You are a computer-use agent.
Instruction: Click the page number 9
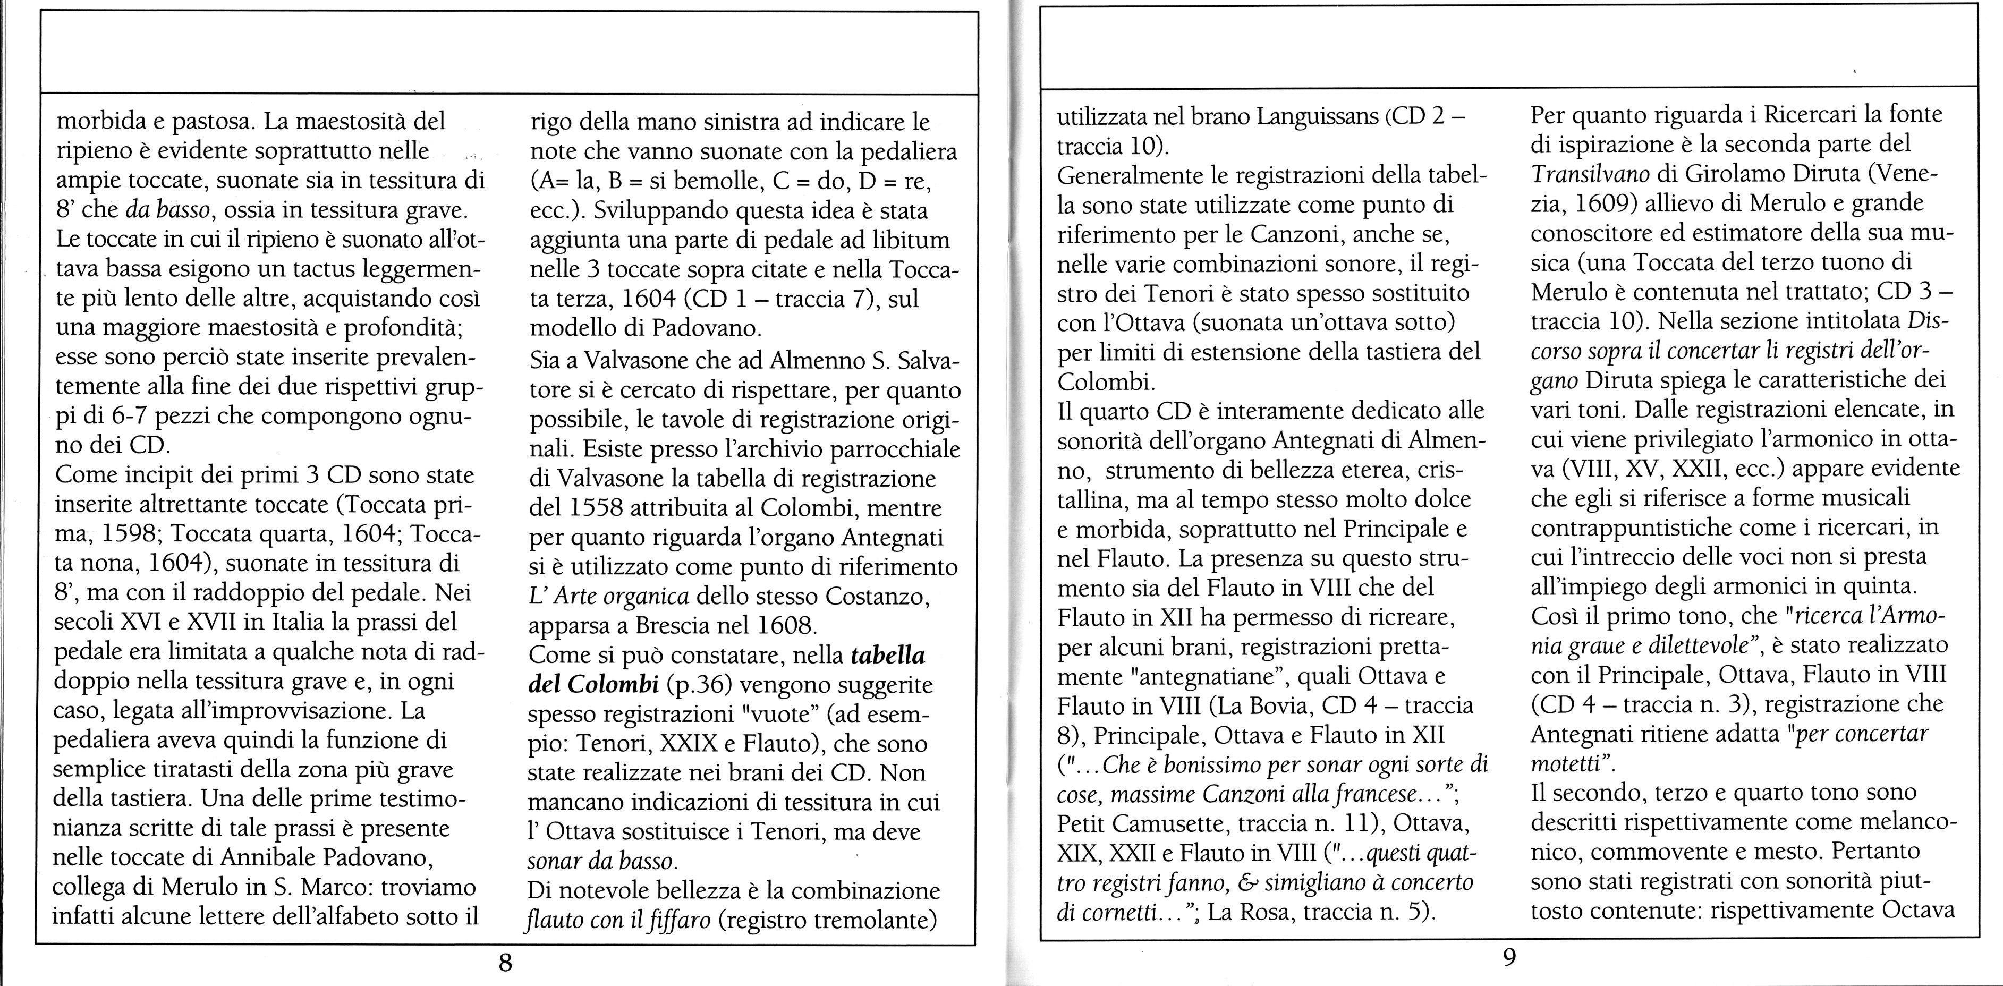point(1508,956)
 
